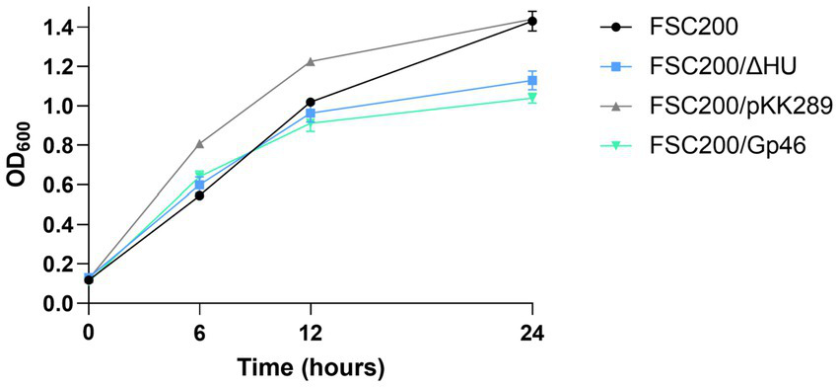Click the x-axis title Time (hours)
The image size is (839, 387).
(310, 368)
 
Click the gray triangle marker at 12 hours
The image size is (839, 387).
(311, 61)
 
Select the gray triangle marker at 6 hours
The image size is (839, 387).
(200, 144)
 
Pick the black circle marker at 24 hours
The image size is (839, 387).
(532, 21)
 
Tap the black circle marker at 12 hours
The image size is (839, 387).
(311, 102)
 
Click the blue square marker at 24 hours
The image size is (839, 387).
(532, 80)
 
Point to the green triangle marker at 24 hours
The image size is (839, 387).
(532, 98)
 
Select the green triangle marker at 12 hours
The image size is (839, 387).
(311, 122)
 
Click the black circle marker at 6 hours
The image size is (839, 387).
(200, 195)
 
